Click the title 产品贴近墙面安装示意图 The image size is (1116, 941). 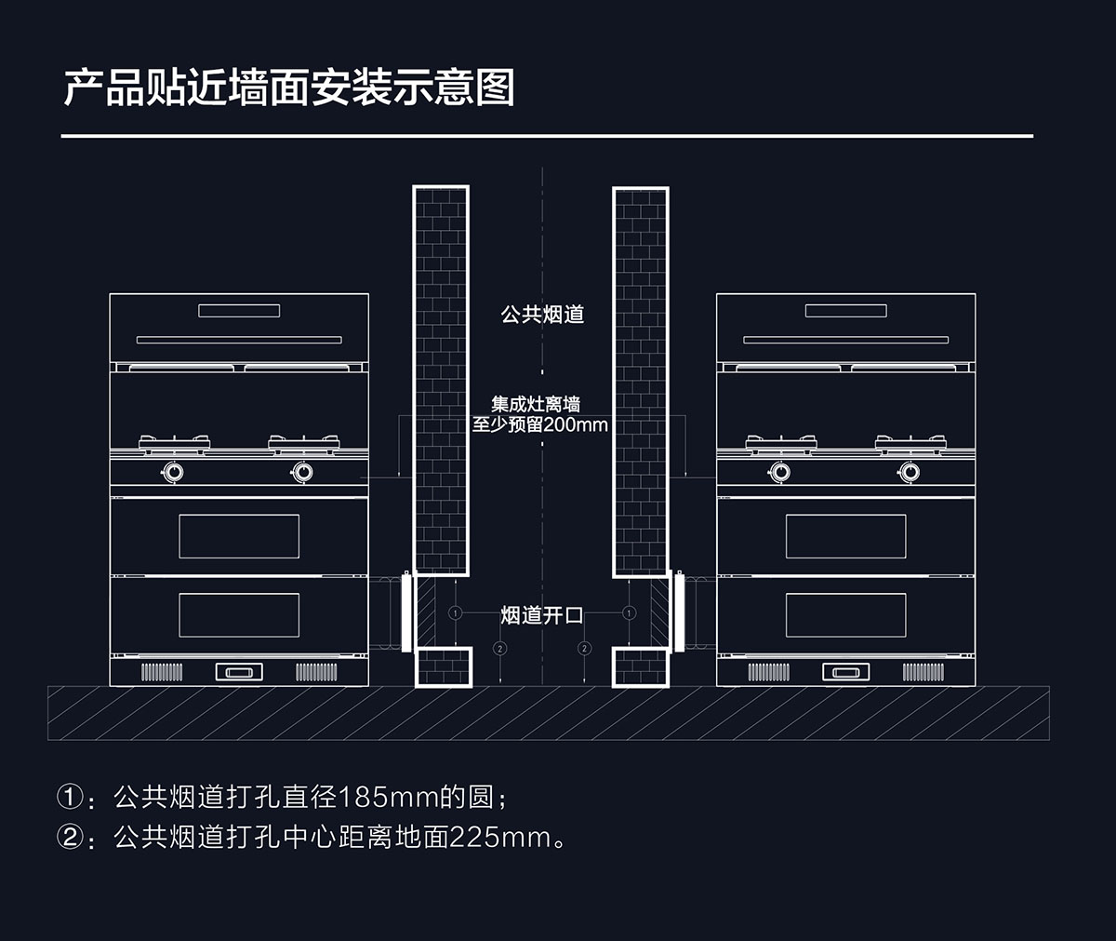288,87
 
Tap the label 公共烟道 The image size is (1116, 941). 542,315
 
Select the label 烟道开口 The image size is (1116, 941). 542,614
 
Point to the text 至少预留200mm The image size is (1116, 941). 540,425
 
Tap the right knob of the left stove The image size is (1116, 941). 302,472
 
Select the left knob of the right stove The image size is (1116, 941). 780,472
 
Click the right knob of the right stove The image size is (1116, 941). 910,472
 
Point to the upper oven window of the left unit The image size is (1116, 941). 239,536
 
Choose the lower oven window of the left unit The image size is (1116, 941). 239,615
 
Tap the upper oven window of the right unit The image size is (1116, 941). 845,536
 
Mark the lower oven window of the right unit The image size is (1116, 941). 845,615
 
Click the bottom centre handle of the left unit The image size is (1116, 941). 239,671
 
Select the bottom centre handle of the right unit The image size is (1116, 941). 845,672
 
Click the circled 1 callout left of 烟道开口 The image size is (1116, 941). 455,613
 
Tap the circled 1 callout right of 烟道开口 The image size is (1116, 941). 629,613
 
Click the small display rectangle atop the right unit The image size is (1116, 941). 845,311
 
